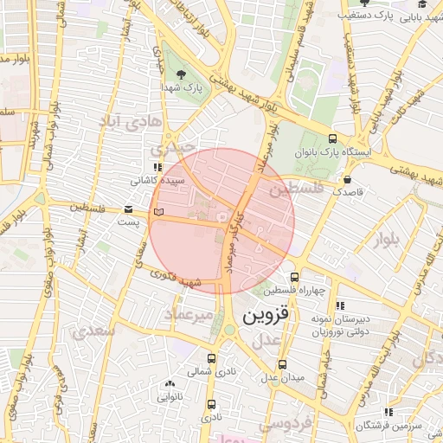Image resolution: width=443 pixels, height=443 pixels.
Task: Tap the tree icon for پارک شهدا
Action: [x=181, y=74]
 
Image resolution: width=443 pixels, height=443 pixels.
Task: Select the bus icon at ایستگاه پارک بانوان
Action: [x=332, y=138]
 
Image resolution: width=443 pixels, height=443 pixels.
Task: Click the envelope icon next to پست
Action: [x=129, y=209]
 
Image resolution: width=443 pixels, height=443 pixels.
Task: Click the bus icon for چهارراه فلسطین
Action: [x=295, y=278]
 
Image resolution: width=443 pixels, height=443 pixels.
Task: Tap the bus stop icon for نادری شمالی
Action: [x=211, y=357]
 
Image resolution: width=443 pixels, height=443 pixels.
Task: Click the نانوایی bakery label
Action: [x=169, y=397]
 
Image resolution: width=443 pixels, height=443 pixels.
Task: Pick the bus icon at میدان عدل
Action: [x=286, y=362]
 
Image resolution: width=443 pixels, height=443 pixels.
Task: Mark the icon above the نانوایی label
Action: [x=168, y=383]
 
